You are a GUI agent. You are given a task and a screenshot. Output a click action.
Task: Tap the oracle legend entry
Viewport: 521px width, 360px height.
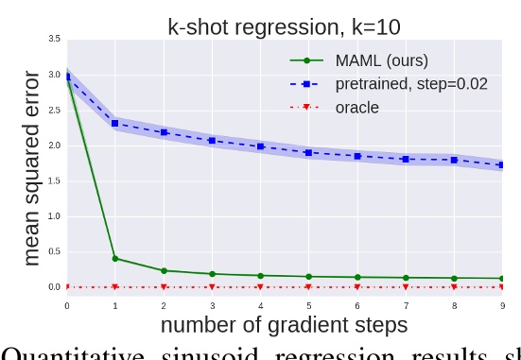pos(356,107)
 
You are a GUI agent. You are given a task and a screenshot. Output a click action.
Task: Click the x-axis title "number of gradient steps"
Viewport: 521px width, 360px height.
pos(284,324)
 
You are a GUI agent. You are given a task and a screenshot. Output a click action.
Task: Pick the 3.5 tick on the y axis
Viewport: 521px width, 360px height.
pos(55,39)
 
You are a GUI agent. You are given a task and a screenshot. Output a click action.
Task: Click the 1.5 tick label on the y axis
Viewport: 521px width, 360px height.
pos(55,180)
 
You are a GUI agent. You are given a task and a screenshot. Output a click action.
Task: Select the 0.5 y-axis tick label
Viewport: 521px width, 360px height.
pos(55,251)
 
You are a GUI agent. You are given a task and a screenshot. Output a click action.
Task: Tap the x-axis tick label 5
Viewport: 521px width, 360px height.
pos(308,305)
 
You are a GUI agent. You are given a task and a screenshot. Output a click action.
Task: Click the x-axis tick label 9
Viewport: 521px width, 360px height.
pos(502,305)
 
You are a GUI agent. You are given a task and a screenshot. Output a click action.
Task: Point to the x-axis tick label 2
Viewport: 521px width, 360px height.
pos(164,305)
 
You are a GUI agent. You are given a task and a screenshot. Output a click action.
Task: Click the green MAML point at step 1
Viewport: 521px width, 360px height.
pos(115,258)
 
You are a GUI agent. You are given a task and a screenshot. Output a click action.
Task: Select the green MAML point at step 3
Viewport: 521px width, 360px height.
pos(212,274)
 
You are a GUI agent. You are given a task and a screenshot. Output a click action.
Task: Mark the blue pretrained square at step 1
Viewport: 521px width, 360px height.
pos(115,123)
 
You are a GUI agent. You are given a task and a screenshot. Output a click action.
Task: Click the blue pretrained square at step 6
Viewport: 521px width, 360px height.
pos(357,156)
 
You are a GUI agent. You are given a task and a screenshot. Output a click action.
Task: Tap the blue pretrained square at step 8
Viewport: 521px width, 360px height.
pos(454,160)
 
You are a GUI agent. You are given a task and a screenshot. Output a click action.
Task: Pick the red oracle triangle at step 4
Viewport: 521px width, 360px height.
pos(260,287)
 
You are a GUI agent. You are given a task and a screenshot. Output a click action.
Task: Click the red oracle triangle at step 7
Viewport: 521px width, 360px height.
pos(406,287)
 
